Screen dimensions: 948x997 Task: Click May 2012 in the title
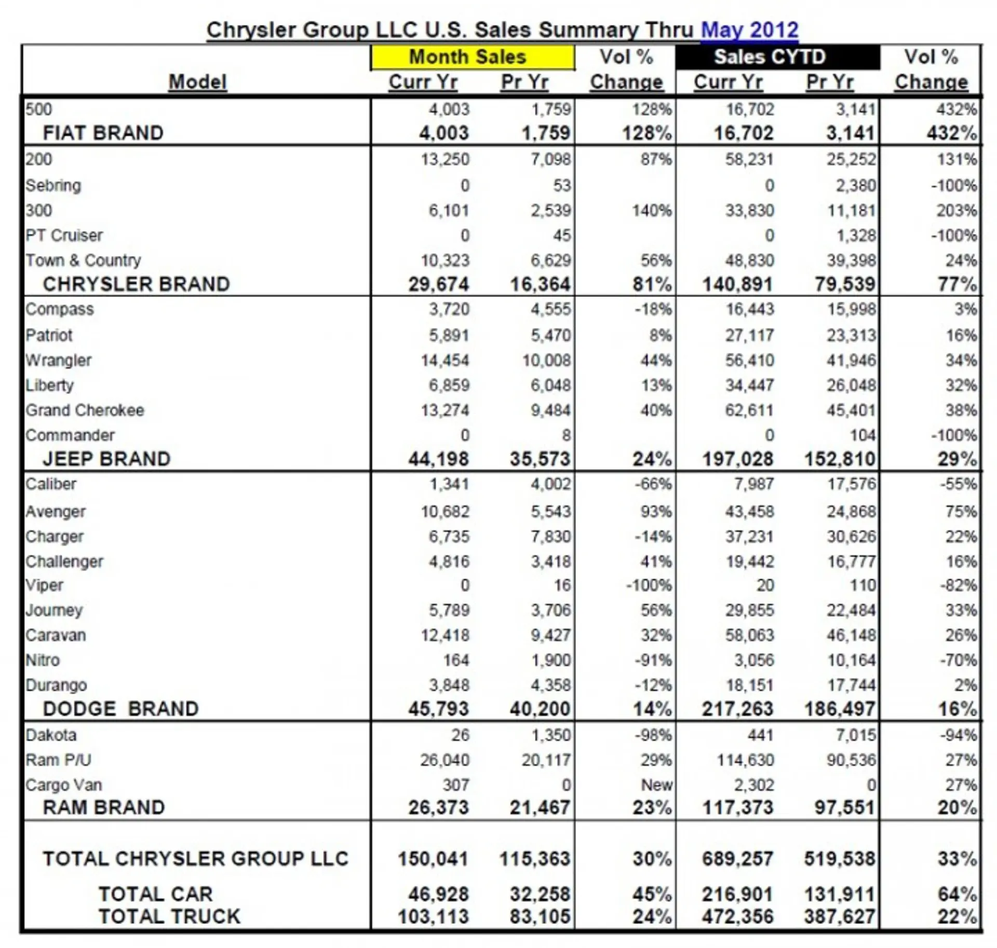coord(749,30)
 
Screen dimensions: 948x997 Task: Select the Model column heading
coord(198,82)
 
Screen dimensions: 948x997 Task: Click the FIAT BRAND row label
coord(103,133)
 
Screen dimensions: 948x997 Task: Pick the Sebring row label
coord(53,185)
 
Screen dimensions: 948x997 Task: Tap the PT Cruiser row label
coord(64,236)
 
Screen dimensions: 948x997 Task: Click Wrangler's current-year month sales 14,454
coord(445,360)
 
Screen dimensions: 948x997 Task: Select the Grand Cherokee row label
coord(85,410)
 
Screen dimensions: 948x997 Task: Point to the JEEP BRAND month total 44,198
coord(438,459)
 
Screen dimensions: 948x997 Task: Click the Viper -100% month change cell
coord(649,585)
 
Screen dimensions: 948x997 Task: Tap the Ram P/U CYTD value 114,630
coord(745,760)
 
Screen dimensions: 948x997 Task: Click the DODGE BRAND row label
coord(120,709)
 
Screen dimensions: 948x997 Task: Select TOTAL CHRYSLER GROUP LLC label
coord(195,859)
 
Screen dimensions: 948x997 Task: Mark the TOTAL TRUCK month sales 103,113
coord(433,917)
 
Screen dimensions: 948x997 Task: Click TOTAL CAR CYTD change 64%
coord(957,895)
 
